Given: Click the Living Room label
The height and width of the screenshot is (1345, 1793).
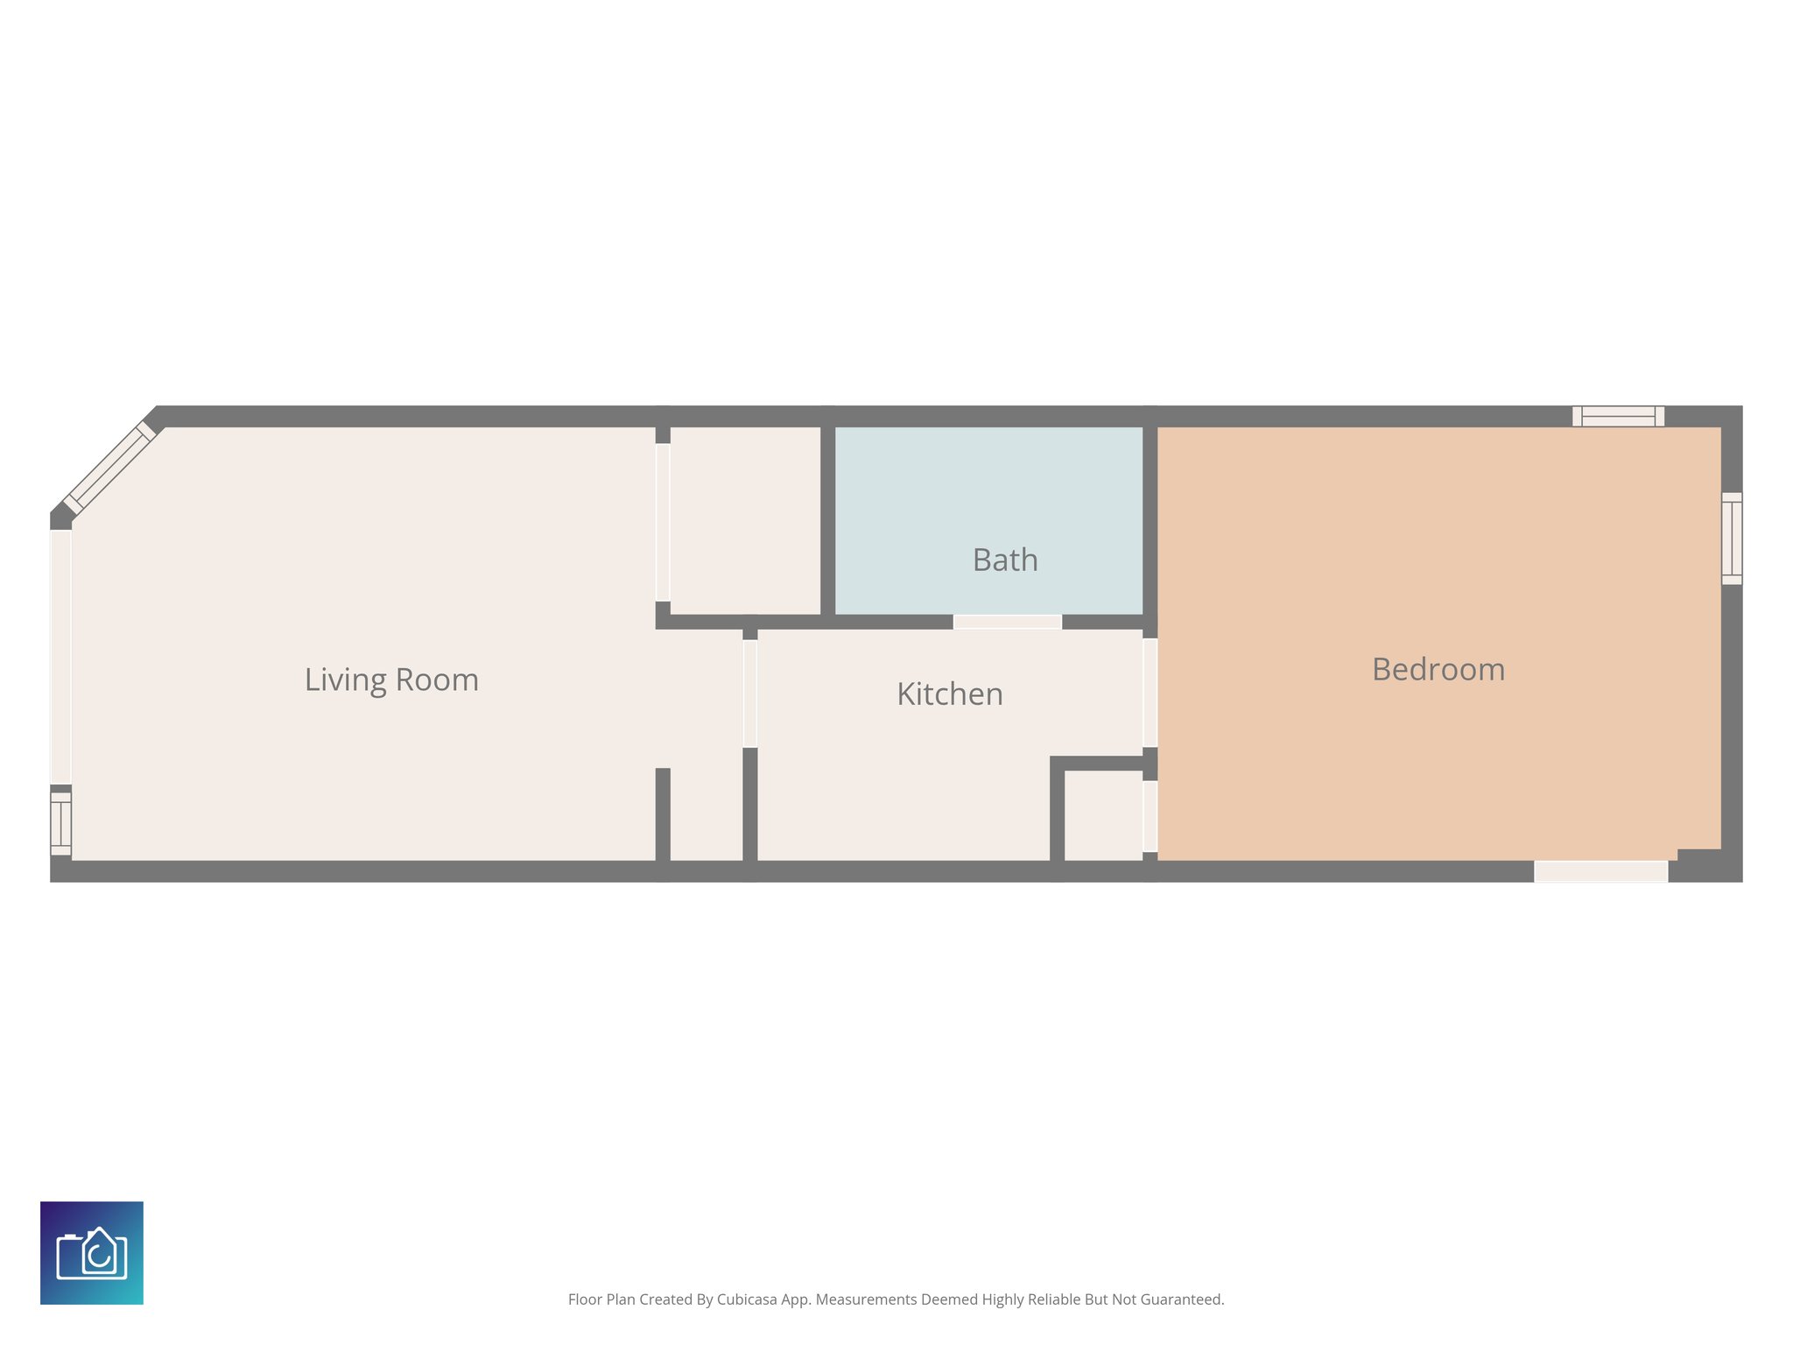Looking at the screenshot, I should click(x=391, y=680).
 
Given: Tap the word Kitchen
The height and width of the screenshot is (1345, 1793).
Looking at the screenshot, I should click(x=950, y=694).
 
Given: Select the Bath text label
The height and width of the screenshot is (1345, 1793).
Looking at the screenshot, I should click(x=1005, y=560).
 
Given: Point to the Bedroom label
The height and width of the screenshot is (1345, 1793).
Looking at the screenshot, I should click(x=1438, y=670).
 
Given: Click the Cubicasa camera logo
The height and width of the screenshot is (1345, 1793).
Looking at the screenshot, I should click(x=92, y=1253).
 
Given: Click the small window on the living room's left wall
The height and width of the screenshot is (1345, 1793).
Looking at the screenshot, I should click(x=60, y=823).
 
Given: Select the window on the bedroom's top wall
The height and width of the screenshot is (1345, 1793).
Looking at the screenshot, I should click(x=1618, y=416).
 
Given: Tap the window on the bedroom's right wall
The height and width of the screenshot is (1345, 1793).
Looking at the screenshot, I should click(x=1732, y=539).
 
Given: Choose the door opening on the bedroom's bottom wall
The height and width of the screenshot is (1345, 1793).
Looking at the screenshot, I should click(x=1600, y=871).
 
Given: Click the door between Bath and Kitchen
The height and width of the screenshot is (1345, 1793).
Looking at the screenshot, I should click(x=1008, y=622).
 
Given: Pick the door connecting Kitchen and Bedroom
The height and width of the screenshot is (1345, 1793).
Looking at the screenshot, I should click(x=1150, y=693).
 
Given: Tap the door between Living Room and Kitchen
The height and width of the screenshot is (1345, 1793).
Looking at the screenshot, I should click(x=750, y=694).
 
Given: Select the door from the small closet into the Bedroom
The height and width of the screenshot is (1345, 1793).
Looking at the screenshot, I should click(x=1150, y=816).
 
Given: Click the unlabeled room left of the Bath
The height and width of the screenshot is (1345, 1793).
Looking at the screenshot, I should click(x=745, y=520).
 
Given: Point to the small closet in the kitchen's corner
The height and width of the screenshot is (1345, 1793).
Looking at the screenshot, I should click(x=1103, y=815).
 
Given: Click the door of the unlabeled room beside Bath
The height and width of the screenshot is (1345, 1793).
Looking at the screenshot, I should click(x=663, y=523).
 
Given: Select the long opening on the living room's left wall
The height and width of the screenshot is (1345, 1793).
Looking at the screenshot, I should click(x=60, y=657).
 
